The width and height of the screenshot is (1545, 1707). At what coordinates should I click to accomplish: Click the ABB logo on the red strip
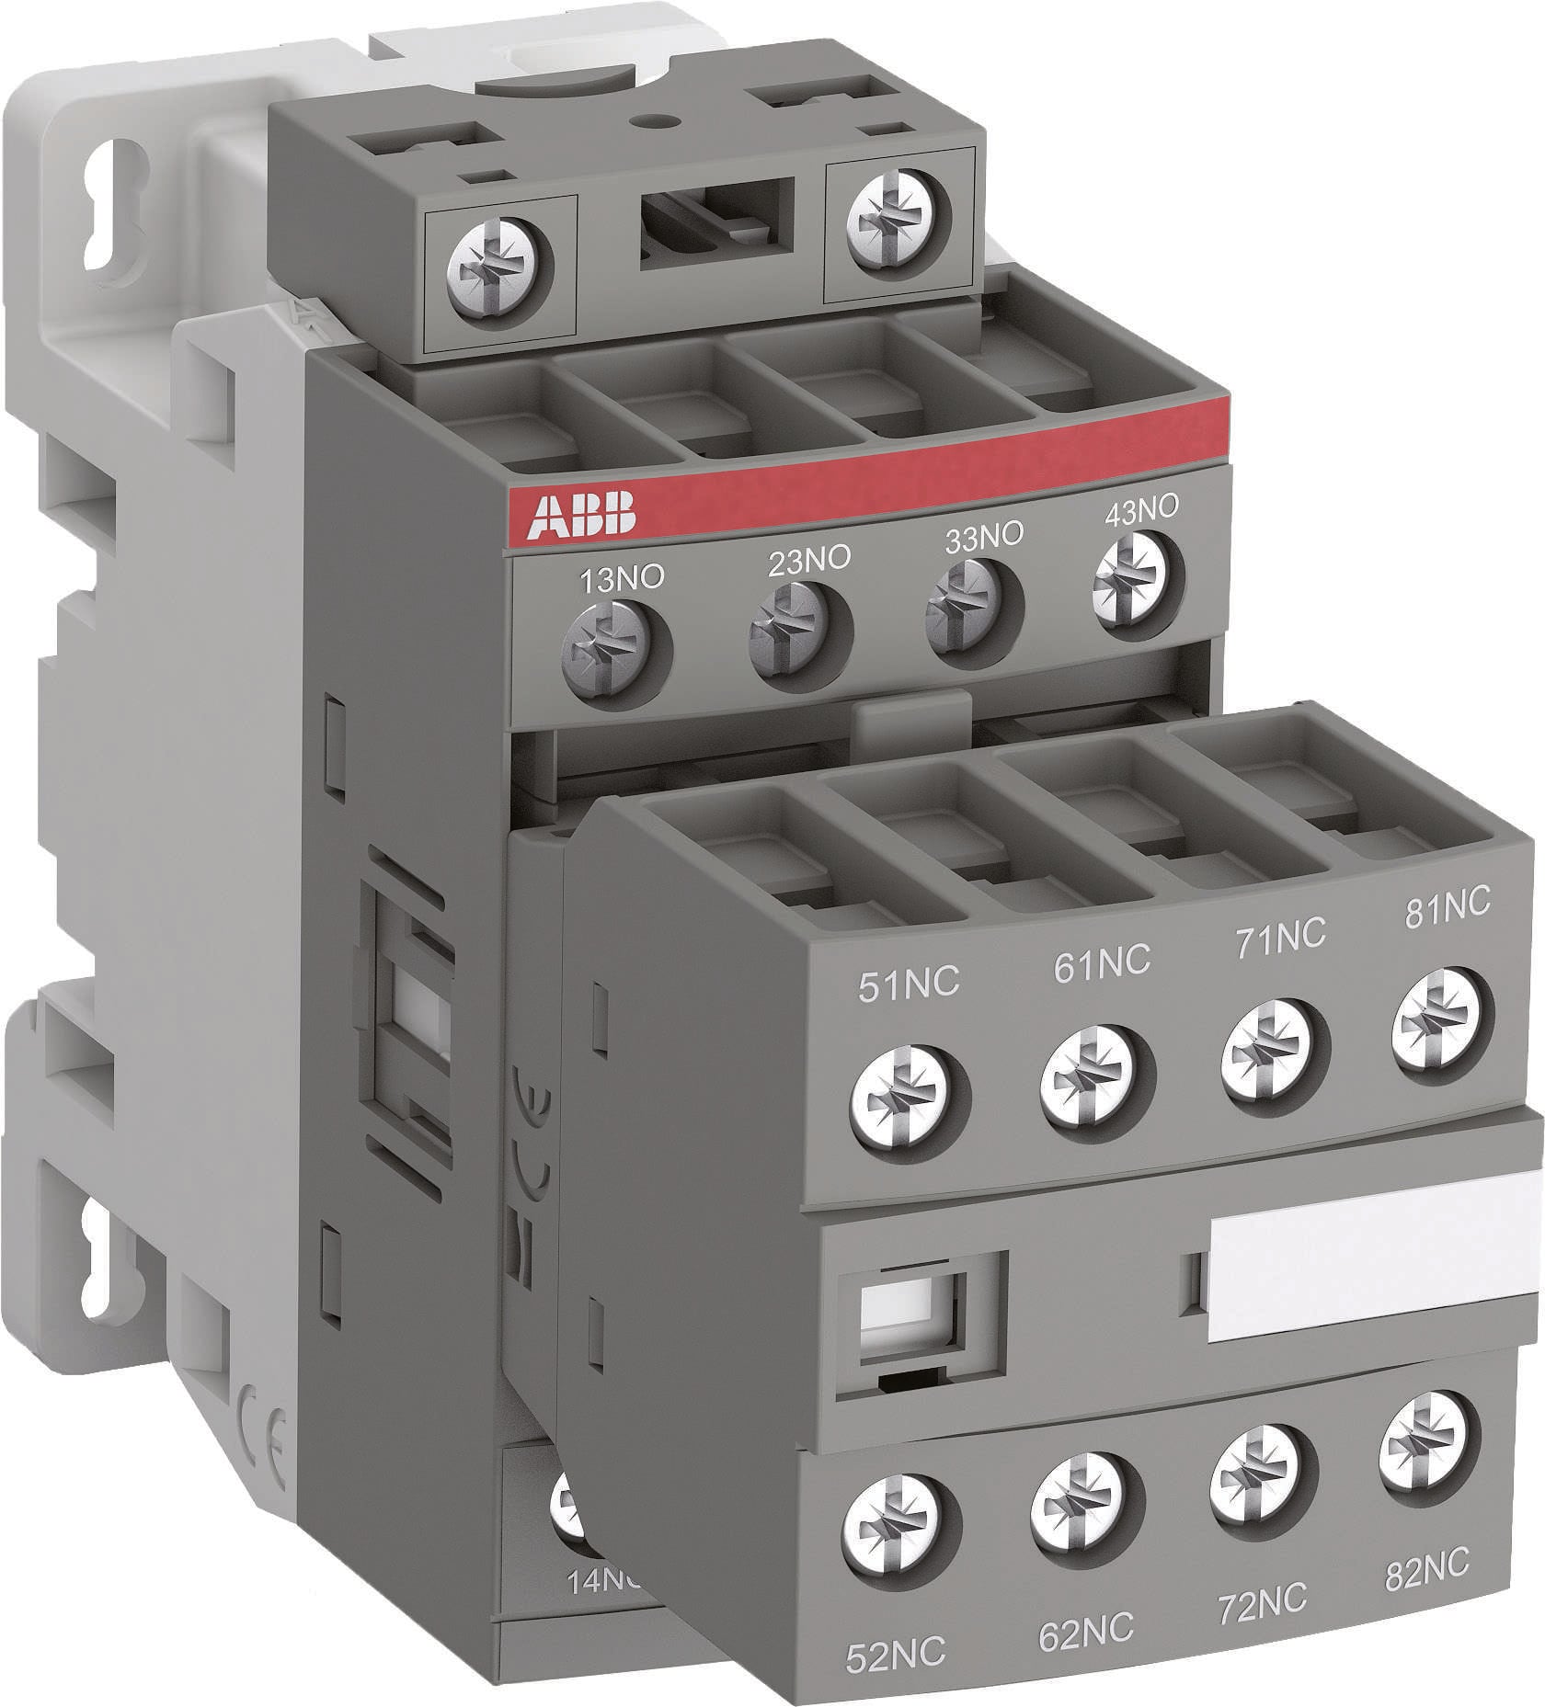[580, 515]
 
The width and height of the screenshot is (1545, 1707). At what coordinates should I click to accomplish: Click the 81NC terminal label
[1447, 905]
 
